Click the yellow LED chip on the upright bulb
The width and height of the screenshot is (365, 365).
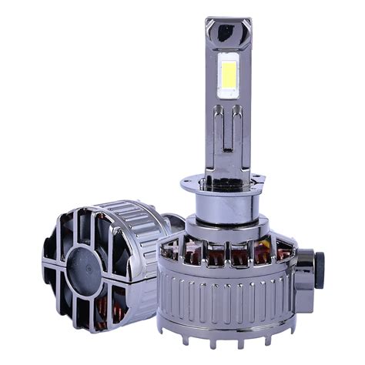[x=228, y=78]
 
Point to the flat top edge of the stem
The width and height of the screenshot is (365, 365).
[x=229, y=19]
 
